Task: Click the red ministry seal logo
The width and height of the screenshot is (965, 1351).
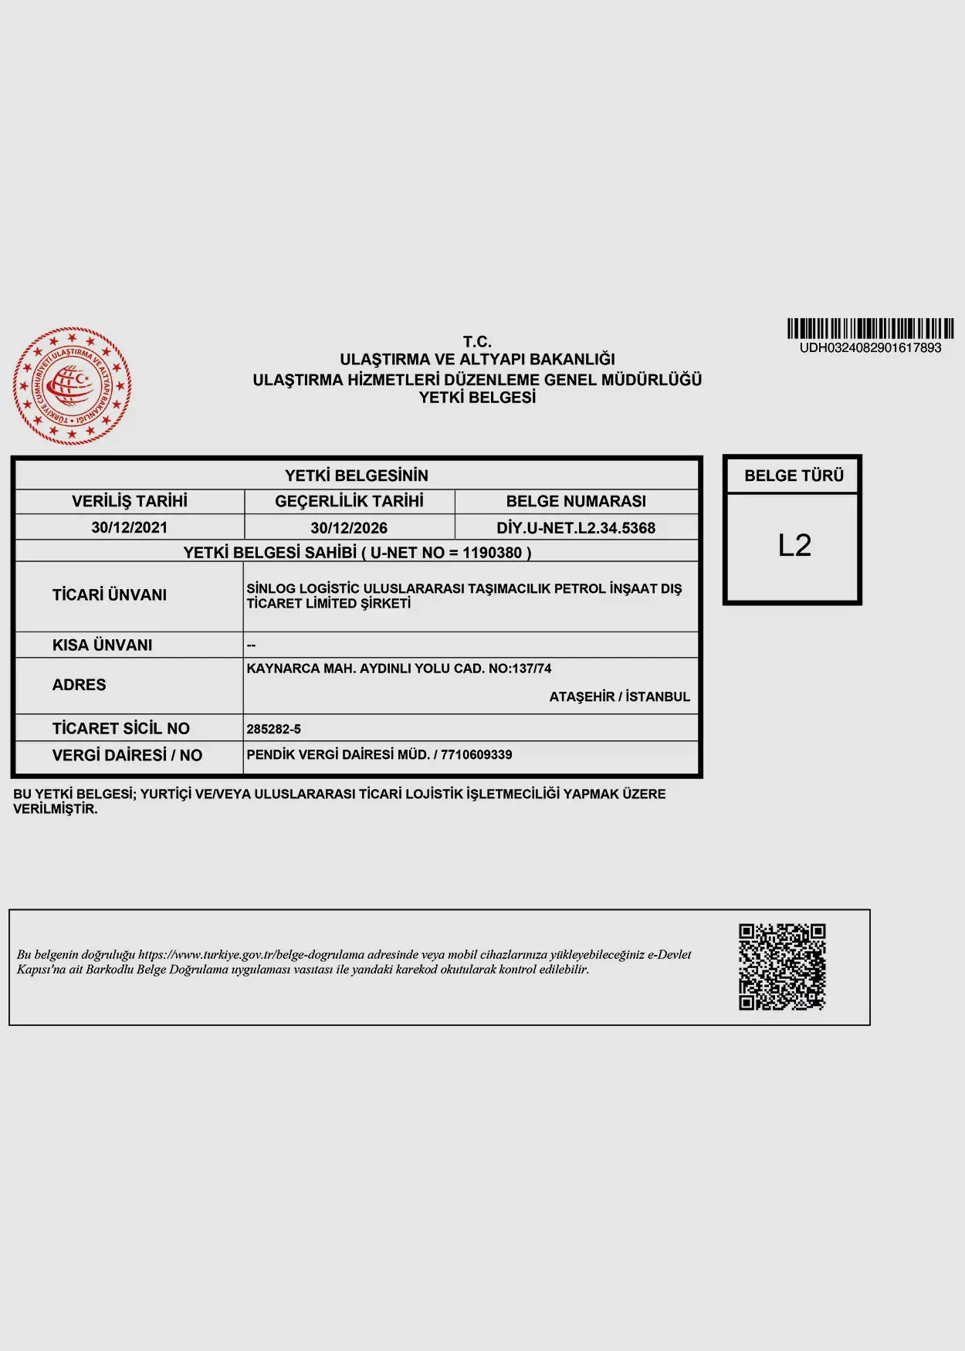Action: pyautogui.click(x=72, y=385)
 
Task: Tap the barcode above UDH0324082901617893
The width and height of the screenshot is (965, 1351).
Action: pyautogui.click(x=870, y=329)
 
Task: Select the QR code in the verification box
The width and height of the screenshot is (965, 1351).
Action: pyautogui.click(x=782, y=967)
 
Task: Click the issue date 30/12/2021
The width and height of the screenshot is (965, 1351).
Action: pyautogui.click(x=129, y=528)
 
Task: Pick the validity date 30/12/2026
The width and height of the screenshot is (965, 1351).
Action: pyautogui.click(x=349, y=528)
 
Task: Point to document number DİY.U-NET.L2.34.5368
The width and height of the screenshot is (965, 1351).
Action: pyautogui.click(x=576, y=528)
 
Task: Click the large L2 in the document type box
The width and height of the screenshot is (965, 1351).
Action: pyautogui.click(x=794, y=546)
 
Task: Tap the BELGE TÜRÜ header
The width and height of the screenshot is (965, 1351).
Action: pyautogui.click(x=794, y=476)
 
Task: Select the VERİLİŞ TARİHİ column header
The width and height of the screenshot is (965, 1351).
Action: pyautogui.click(x=130, y=502)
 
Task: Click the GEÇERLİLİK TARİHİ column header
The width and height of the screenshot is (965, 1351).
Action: pyautogui.click(x=349, y=502)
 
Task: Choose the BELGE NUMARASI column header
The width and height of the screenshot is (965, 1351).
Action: pyautogui.click(x=576, y=502)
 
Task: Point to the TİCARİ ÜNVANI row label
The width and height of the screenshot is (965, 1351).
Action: pyautogui.click(x=110, y=595)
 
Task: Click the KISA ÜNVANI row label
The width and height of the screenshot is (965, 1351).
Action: pyautogui.click(x=103, y=645)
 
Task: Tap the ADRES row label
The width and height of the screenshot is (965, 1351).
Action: pyautogui.click(x=80, y=686)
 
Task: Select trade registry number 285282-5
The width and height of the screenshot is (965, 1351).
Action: pyautogui.click(x=274, y=730)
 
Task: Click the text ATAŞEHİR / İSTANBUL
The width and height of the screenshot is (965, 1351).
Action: pyautogui.click(x=619, y=697)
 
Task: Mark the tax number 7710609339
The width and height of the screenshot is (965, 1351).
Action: pyautogui.click(x=476, y=755)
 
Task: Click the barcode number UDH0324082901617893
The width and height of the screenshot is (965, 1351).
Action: pyautogui.click(x=870, y=348)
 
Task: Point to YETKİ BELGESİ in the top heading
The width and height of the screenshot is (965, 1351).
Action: pyautogui.click(x=477, y=398)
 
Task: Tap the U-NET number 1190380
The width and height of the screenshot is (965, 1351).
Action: pyautogui.click(x=492, y=553)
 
